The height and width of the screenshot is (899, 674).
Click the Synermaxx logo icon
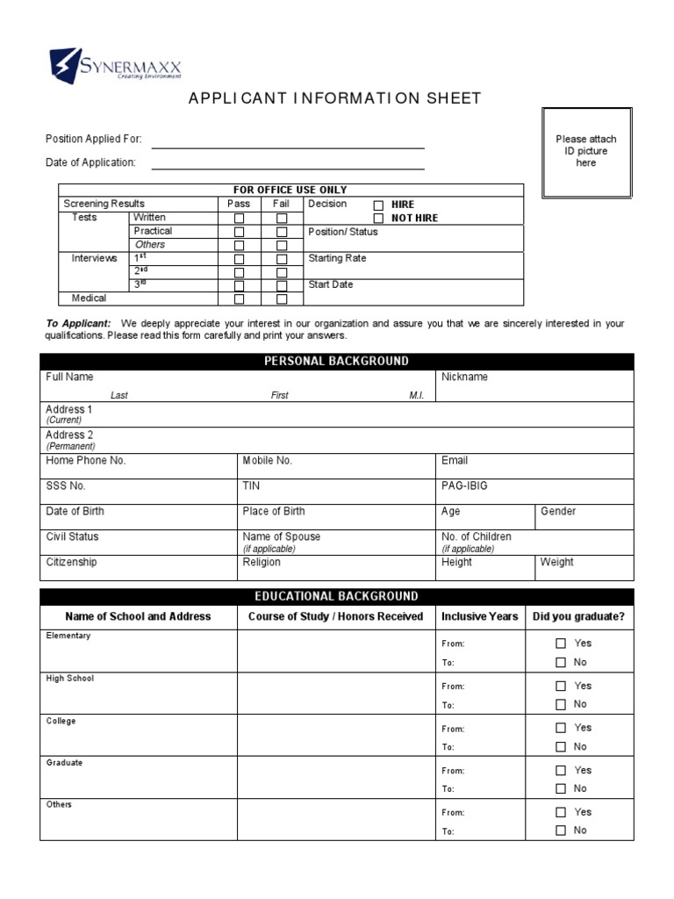67,64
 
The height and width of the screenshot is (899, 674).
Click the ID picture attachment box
586,152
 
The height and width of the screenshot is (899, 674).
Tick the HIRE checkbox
379,205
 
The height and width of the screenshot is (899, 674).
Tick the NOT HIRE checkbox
379,218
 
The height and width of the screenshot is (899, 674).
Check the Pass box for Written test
239,218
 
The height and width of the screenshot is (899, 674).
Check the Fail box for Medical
282,299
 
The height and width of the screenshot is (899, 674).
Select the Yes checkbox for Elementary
561,644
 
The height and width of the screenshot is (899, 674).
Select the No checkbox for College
561,747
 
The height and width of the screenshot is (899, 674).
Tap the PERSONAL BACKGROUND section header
336,361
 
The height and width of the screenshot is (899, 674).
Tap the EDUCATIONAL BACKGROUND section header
336,596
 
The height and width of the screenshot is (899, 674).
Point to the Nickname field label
464,378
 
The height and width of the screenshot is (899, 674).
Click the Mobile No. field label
267,460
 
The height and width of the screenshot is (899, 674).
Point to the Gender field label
558,511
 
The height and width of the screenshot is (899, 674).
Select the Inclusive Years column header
479,616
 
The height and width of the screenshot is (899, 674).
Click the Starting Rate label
337,259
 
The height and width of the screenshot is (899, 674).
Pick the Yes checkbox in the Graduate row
561,770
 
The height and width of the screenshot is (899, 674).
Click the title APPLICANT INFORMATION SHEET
335,98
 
